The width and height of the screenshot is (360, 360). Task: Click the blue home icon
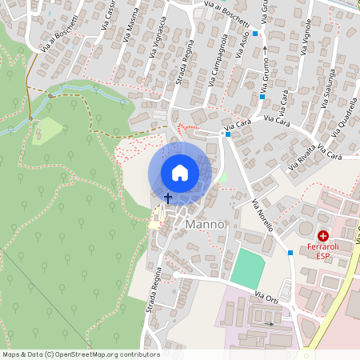[180, 173]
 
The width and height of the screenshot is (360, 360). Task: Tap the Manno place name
[206, 226]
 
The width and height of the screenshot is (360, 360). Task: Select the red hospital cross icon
[323, 236]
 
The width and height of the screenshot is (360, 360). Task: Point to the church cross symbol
[168, 197]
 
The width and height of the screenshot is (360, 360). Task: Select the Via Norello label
[262, 214]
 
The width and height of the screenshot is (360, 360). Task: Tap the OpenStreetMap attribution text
[80, 354]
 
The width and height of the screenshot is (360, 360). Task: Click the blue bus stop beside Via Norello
[290, 253]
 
